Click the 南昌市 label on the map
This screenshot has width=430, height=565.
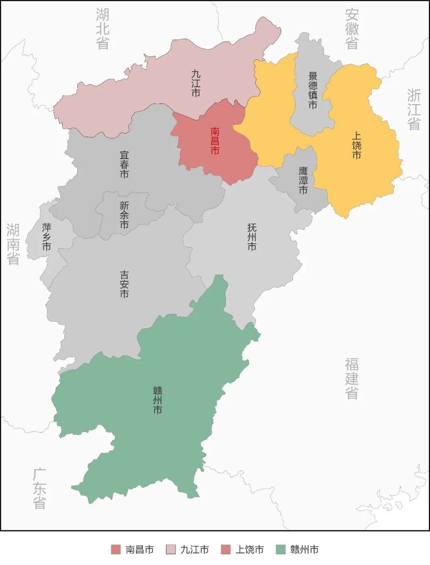tap(215, 141)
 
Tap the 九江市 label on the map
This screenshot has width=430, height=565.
tap(195, 83)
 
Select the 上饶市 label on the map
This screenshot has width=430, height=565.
tap(356, 145)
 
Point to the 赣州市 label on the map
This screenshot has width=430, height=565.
tap(158, 400)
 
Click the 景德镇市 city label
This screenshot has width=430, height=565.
tap(313, 90)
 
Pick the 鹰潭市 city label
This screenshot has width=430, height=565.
tap(303, 180)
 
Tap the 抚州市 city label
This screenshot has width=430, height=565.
tap(252, 237)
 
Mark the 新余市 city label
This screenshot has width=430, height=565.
tap(124, 215)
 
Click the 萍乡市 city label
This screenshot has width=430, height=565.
tap(47, 237)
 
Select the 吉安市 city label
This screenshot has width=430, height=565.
tap(124, 284)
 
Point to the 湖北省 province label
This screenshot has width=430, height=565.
tap(103, 29)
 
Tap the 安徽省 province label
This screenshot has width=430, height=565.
tap(352, 29)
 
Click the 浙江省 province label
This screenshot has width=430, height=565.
tap(414, 109)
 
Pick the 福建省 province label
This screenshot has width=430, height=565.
tap(352, 378)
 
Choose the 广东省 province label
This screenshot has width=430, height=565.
tap(39, 488)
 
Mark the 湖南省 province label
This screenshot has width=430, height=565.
tap(13, 244)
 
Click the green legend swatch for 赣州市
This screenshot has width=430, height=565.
tap(281, 550)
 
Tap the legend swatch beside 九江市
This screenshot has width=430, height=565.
tap(170, 550)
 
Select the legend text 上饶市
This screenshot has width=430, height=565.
tap(250, 550)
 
